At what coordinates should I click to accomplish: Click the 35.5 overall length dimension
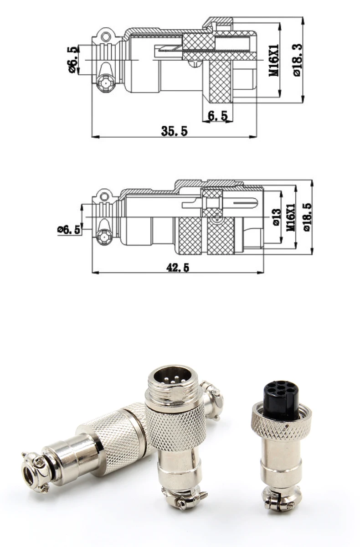(x=174, y=131)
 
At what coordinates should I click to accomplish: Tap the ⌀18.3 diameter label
(x=297, y=59)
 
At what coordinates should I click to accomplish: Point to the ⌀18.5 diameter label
(x=306, y=216)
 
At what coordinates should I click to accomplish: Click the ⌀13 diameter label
(x=275, y=217)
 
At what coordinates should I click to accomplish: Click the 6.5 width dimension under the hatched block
(x=218, y=116)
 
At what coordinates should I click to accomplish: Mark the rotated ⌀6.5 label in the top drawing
(x=72, y=59)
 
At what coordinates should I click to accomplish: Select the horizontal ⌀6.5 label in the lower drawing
(x=69, y=229)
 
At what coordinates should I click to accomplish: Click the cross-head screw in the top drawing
(x=104, y=83)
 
